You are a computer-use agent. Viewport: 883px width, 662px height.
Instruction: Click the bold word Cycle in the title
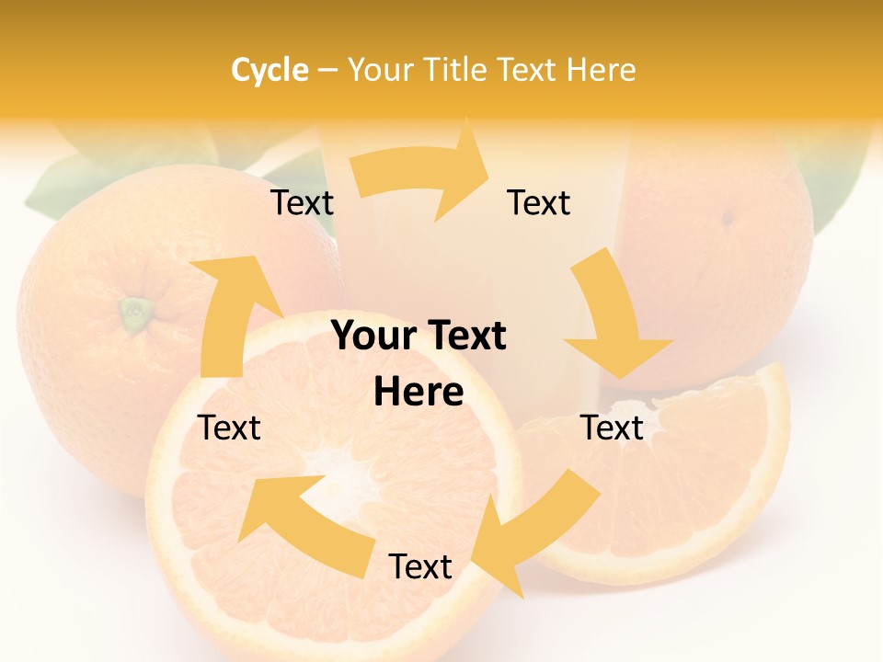269,70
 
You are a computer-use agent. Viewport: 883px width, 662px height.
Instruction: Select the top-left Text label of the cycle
302,203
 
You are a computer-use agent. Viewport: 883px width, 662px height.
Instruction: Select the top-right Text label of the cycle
539,203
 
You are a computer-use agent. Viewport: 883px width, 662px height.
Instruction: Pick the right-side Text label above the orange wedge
612,428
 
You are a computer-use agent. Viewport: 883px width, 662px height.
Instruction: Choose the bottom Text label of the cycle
420,566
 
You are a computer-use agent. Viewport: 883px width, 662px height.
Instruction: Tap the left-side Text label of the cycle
230,428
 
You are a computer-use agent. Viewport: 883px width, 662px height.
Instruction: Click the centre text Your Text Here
419,364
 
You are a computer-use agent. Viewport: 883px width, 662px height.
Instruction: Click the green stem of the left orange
136,313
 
